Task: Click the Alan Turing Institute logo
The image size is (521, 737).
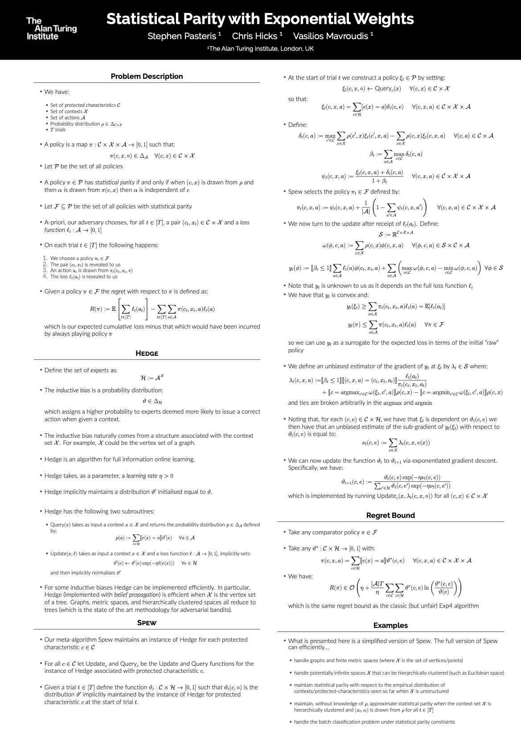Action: click(51, 29)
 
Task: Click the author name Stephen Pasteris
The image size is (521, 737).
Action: click(184, 36)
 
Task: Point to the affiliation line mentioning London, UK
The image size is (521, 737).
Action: click(260, 49)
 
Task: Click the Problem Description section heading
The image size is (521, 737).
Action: click(147, 76)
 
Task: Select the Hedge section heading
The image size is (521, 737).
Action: click(147, 354)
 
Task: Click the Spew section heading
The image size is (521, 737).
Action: click(147, 623)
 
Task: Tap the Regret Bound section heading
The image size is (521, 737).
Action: click(390, 515)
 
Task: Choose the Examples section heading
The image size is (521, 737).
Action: click(390, 625)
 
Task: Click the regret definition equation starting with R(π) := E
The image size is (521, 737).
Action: click(152, 309)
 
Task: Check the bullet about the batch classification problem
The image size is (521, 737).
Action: click(374, 722)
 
